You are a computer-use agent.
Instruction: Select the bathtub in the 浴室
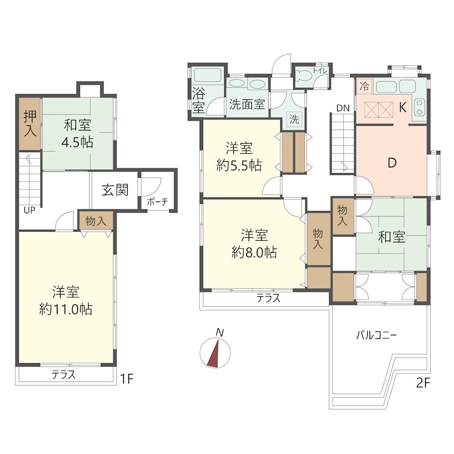coord(208,75)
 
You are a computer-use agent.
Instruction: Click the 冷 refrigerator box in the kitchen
coord(364,86)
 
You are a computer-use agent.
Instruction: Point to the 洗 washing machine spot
coord(295,119)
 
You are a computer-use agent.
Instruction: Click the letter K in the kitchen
coord(402,107)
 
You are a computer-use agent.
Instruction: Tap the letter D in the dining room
coord(392,163)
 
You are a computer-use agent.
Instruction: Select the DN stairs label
coord(343,108)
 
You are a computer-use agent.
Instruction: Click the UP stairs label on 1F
coord(30,210)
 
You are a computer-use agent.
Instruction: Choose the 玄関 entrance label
coord(115,190)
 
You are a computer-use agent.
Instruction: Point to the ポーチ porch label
coord(158,201)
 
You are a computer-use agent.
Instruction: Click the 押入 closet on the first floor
coord(30,124)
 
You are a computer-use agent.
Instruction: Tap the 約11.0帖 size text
coord(66,309)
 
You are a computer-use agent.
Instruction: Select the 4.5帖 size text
coord(77,142)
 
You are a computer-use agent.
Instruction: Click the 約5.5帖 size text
coord(239,166)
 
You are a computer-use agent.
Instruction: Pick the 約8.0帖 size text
coord(254,253)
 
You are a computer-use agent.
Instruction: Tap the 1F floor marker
coord(127,379)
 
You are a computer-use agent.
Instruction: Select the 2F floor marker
coord(423,383)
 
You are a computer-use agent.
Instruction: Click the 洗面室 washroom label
coord(247,104)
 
